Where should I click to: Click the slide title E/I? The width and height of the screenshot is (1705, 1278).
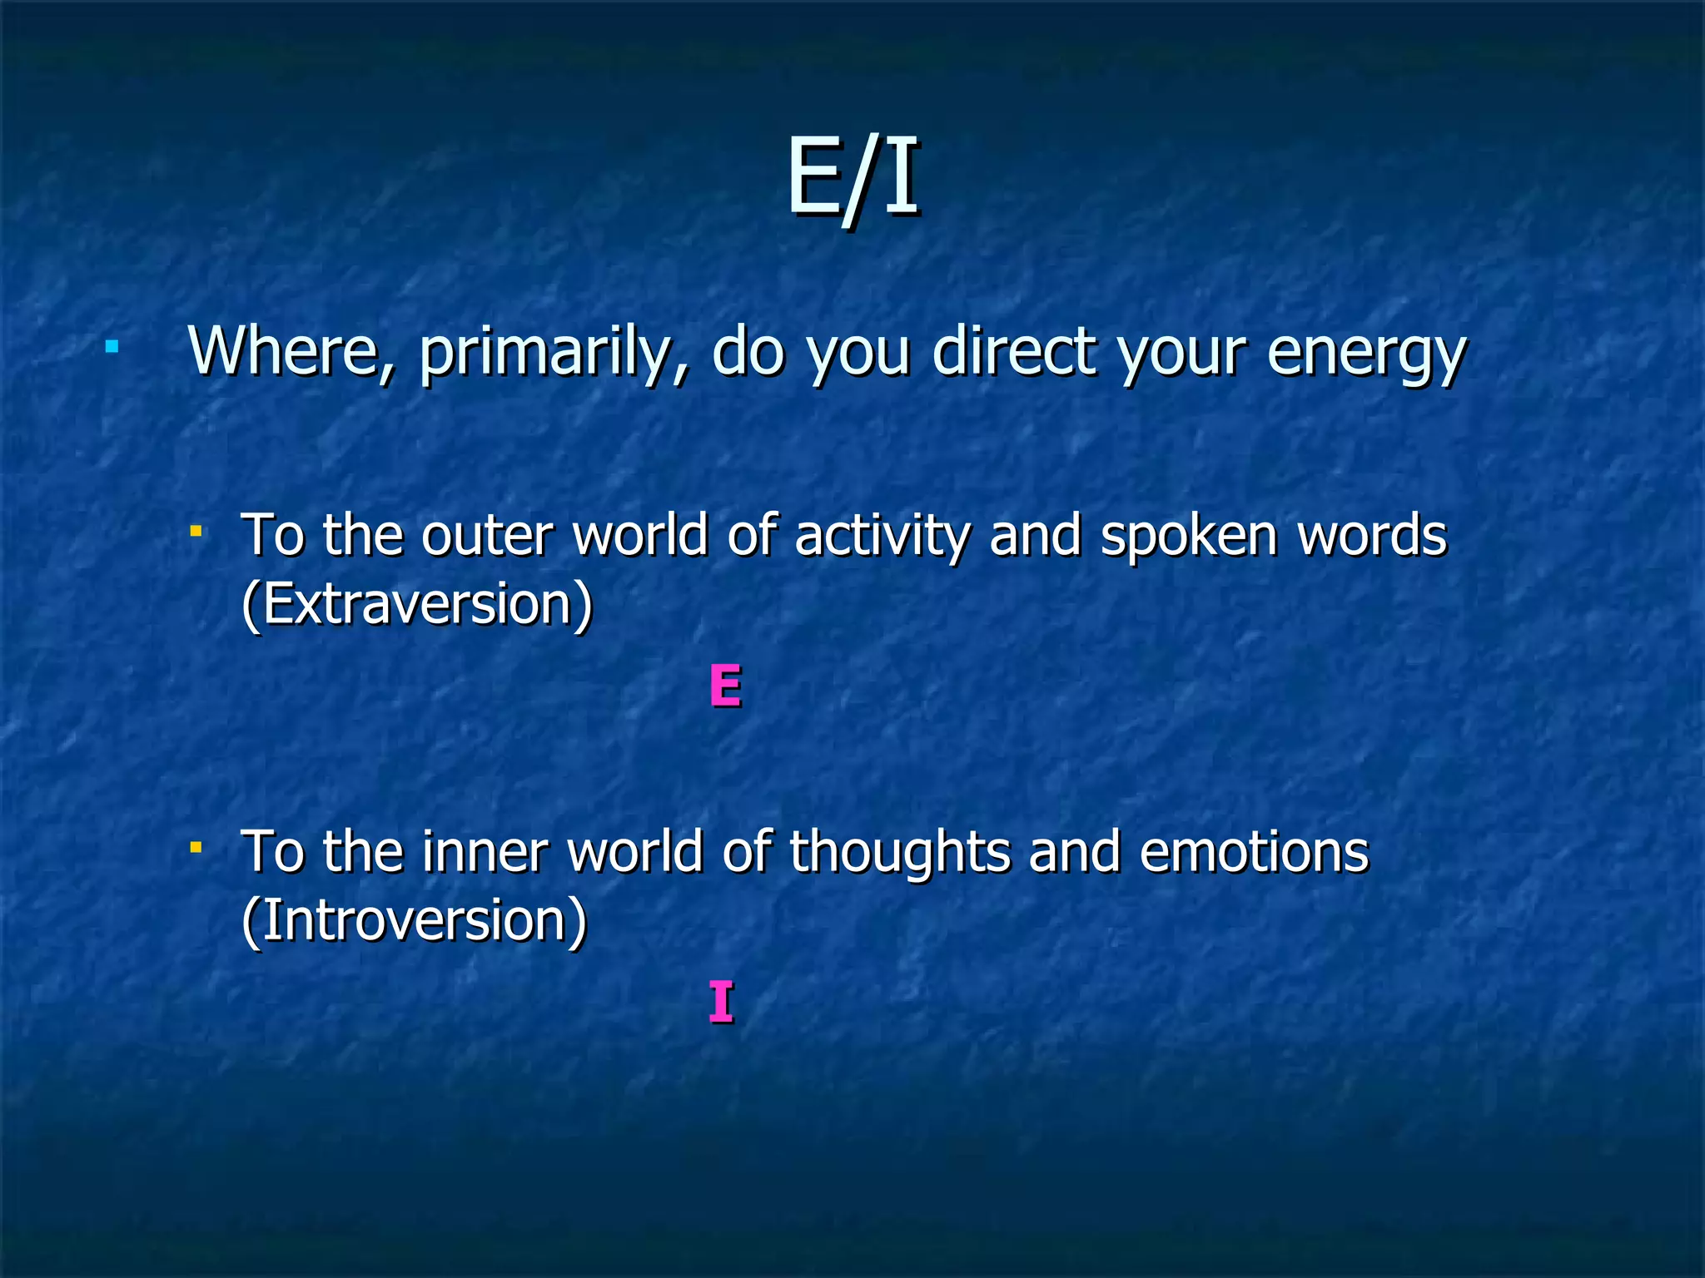tap(852, 176)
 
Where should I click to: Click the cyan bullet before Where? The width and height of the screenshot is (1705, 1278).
tap(111, 345)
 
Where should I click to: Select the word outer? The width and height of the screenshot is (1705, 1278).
tap(487, 536)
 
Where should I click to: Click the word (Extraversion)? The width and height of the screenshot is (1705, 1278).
tap(416, 604)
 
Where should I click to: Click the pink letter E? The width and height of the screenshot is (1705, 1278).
tap(724, 686)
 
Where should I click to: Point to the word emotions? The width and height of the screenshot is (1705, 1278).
tap(1253, 852)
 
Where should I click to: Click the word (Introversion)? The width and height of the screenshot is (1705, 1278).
tap(414, 920)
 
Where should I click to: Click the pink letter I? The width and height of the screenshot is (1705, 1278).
tap(721, 1002)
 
